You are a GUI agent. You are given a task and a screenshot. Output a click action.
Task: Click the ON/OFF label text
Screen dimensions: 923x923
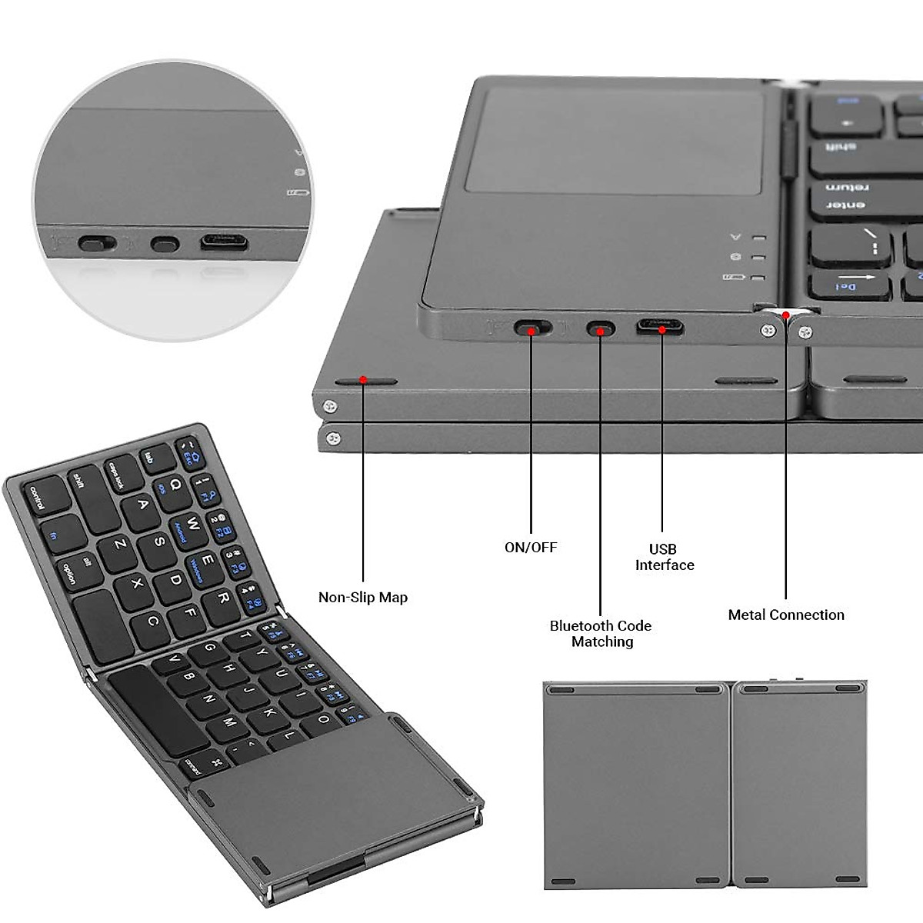[x=530, y=548]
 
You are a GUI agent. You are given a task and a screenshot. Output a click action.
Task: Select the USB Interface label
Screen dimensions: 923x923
[x=664, y=557]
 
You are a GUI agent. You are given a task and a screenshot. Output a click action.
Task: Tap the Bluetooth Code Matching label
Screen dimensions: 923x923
[x=601, y=634]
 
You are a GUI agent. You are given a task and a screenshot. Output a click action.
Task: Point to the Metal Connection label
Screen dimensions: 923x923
[x=785, y=615]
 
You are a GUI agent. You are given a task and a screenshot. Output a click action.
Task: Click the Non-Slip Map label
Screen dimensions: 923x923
[x=362, y=598]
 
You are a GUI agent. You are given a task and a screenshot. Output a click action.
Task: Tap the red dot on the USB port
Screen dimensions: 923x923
[x=661, y=328]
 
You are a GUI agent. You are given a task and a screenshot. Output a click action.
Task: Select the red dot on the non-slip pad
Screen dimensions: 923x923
[x=363, y=380]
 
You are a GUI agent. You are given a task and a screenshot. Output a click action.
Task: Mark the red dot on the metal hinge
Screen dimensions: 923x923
[x=785, y=314]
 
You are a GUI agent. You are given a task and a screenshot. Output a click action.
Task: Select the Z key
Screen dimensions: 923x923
[x=121, y=545]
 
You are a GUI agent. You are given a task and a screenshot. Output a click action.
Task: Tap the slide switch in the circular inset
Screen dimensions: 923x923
[x=97, y=245]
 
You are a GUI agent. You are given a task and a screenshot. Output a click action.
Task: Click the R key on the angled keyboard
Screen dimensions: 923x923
[x=223, y=598]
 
